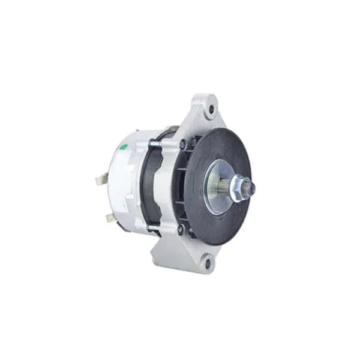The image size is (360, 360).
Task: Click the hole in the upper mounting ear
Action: pos(209,109)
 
